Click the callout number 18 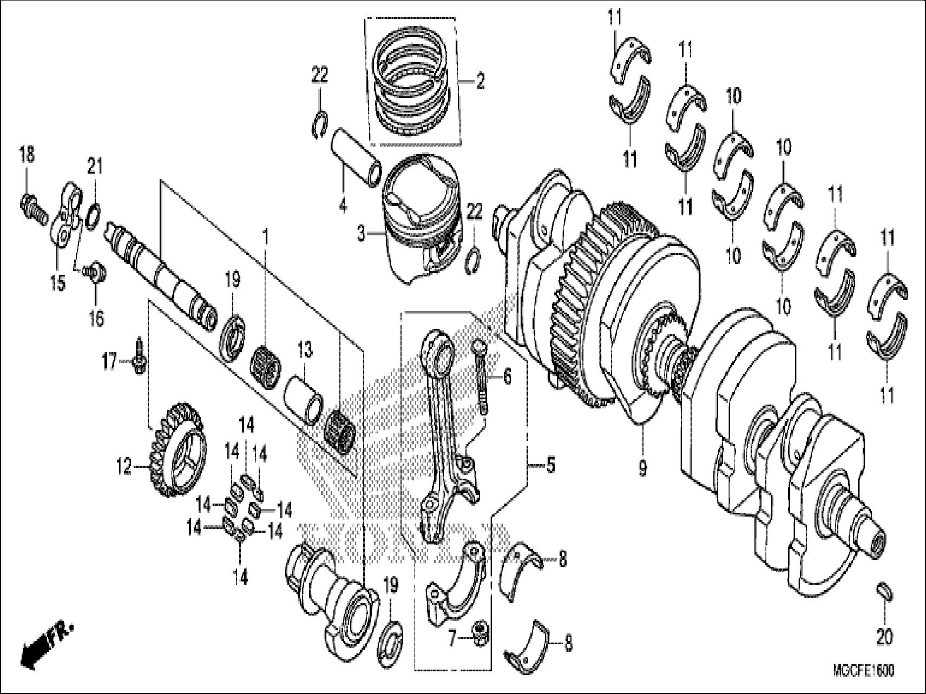coord(27,155)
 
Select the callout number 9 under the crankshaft coord(642,468)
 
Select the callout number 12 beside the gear coord(124,466)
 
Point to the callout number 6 coord(507,376)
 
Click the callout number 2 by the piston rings coord(480,83)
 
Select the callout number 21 coord(95,166)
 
